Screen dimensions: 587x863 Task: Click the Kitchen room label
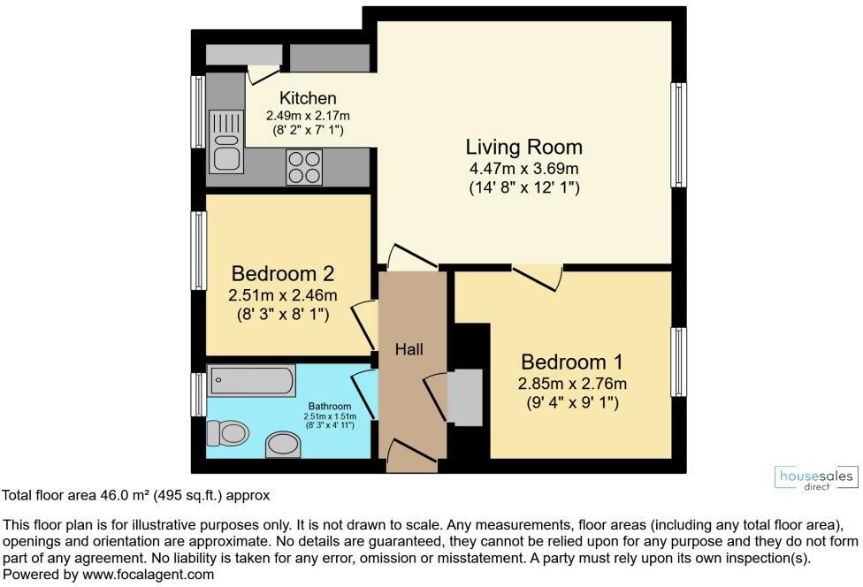point(308,98)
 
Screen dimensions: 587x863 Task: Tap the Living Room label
point(524,147)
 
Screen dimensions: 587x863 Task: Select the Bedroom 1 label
point(572,362)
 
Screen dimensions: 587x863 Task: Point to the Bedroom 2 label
point(284,272)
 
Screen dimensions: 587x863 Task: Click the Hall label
point(409,350)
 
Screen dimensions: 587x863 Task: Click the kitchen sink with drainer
point(226,141)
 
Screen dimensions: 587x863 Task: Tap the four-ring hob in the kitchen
point(304,167)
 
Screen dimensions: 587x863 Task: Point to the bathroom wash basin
point(283,444)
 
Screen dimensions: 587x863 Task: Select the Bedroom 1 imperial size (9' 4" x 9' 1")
point(572,402)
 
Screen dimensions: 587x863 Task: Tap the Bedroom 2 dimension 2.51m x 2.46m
point(284,295)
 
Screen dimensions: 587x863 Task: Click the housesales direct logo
point(814,478)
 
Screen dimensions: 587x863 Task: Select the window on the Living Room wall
point(678,134)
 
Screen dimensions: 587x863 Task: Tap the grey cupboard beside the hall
point(464,398)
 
